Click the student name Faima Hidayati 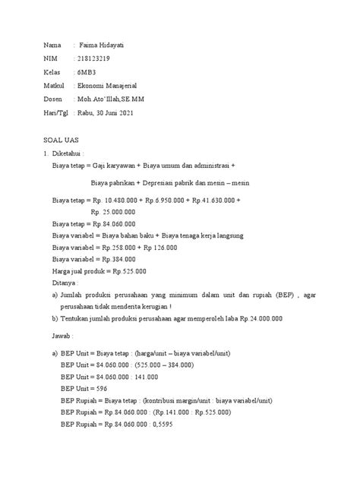(x=103, y=46)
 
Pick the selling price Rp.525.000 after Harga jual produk (x=130, y=272)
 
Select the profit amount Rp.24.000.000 (x=254, y=319)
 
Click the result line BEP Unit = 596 (x=89, y=388)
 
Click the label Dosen (x=52, y=99)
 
